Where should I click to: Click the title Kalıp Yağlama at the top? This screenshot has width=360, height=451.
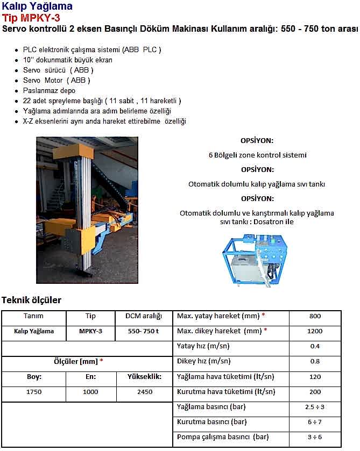point(37,7)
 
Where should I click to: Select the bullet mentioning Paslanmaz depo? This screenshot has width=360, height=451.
point(49,91)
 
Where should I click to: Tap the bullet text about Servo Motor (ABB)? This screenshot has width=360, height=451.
point(57,81)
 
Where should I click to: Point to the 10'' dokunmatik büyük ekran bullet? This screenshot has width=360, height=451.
point(68,60)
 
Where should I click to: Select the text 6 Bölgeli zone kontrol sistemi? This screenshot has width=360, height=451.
point(257,155)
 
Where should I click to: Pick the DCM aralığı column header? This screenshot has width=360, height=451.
point(143,316)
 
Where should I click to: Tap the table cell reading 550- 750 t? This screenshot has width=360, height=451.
point(143,331)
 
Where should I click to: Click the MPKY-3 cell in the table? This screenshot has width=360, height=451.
point(90,331)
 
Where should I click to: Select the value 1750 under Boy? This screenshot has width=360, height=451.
point(34,392)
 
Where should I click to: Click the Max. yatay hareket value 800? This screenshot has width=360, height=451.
point(315,316)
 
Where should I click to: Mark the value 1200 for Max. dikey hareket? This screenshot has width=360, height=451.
point(315,331)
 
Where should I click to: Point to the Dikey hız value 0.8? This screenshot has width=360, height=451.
point(315,361)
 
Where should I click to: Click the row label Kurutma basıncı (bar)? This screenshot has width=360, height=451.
point(212,422)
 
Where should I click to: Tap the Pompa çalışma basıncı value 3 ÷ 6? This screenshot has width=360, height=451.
point(315,438)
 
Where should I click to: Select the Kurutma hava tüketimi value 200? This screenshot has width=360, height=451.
point(315,392)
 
